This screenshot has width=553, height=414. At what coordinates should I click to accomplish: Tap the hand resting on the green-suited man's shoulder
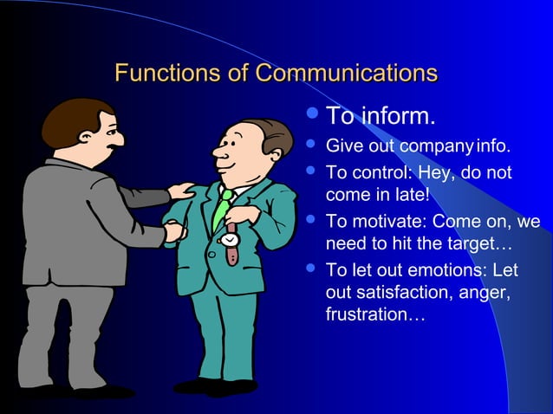pyautogui.click(x=182, y=190)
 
